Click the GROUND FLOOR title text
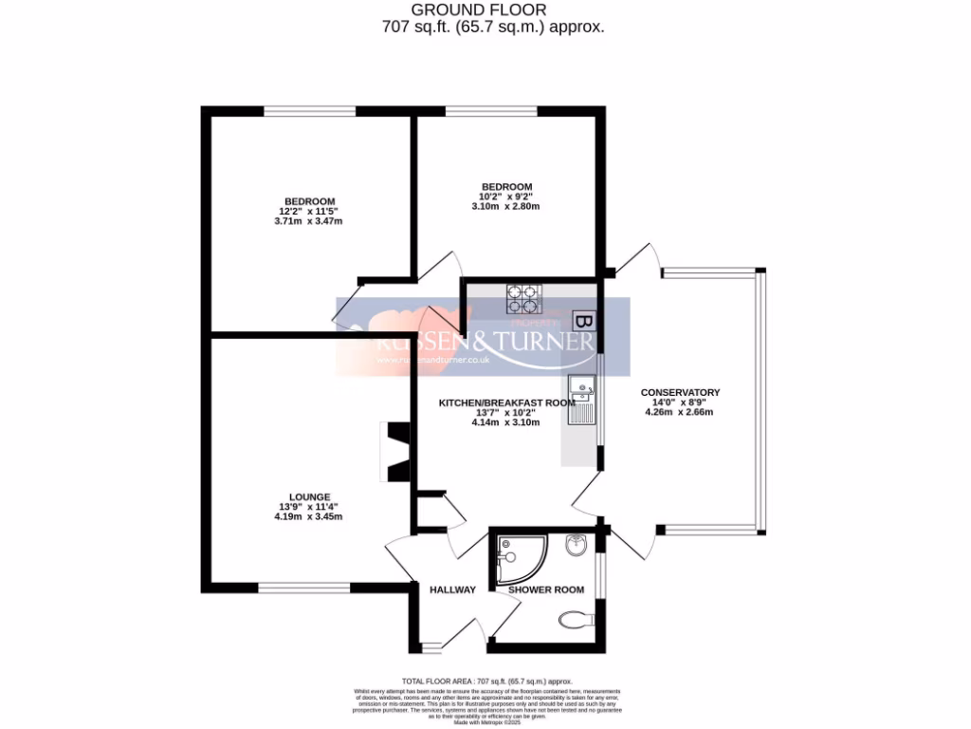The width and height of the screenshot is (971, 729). point(491,9)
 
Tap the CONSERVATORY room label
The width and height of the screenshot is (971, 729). point(680,392)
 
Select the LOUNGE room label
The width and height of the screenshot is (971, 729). point(310,496)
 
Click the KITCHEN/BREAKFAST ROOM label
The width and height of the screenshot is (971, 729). point(506,402)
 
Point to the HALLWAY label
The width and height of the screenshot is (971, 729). point(452,589)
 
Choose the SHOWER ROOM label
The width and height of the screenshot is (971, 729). point(546,589)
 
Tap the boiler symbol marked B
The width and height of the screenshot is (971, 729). point(586,323)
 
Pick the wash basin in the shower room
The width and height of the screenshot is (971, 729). point(576,546)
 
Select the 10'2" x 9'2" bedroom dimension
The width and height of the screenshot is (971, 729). point(506,196)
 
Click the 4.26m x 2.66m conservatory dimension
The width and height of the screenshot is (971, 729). point(679,412)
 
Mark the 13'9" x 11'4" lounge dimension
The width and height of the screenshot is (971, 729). point(307,507)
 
